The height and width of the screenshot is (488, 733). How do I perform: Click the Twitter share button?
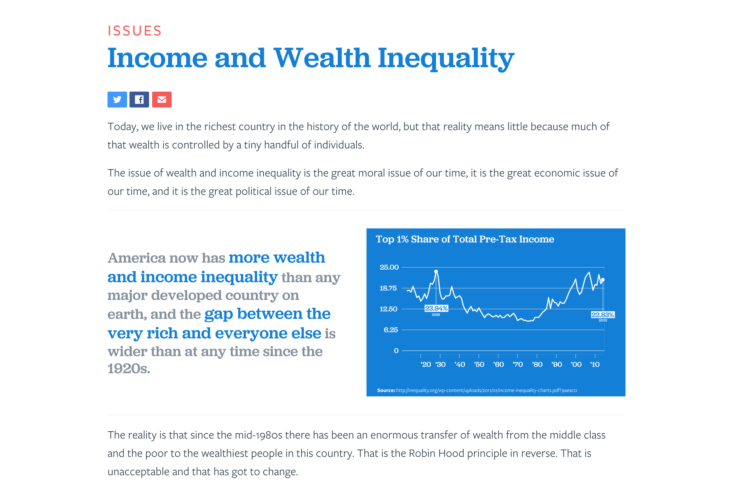(x=117, y=100)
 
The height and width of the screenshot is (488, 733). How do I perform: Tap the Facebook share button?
(x=139, y=100)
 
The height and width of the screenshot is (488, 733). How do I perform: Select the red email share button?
(x=162, y=100)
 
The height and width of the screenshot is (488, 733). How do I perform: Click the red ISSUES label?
(x=134, y=31)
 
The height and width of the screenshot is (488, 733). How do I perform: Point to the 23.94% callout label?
(x=436, y=308)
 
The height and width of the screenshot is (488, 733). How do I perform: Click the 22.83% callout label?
(x=603, y=315)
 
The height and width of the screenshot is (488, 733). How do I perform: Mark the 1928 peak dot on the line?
(x=436, y=271)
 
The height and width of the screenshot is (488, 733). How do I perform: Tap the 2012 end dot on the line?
(x=603, y=280)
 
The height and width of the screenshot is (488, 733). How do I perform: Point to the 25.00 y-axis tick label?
(x=389, y=267)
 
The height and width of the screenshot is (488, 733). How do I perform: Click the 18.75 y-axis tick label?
(x=388, y=288)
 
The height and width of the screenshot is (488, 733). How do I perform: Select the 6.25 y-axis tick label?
(x=391, y=330)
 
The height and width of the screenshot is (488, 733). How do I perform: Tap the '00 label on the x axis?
(x=576, y=364)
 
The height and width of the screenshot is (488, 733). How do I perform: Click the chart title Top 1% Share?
(x=465, y=239)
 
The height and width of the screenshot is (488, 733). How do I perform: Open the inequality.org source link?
(x=487, y=390)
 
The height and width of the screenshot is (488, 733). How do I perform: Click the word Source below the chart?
(x=386, y=390)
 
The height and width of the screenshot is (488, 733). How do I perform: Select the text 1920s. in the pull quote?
(x=129, y=369)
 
